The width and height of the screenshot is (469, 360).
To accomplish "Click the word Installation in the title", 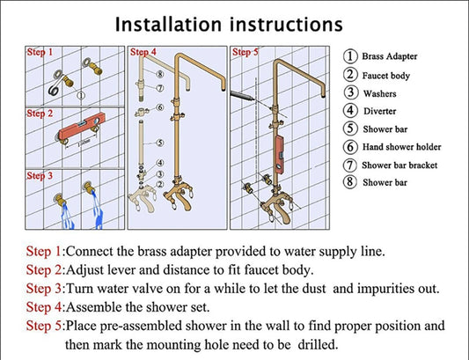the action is (168, 25).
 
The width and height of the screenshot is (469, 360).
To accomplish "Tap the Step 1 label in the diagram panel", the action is (40, 52).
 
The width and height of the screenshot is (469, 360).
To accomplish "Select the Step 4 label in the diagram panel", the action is (143, 52).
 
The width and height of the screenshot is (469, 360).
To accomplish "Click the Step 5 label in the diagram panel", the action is (245, 52).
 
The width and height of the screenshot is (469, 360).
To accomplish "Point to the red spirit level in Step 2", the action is (82, 126).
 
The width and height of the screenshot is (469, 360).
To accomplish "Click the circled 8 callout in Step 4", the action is (160, 74).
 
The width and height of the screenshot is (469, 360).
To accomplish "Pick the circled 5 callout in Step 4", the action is (161, 143).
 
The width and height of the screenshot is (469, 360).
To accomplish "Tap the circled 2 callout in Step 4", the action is (160, 184).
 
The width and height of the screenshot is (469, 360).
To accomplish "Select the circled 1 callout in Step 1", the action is (81, 95).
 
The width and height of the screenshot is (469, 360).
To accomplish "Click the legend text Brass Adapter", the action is (390, 56).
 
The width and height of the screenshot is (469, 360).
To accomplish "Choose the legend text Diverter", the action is (379, 111).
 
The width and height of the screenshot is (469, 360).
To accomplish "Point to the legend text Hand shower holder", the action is (402, 147).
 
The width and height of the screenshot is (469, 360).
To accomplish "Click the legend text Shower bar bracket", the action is (399, 165).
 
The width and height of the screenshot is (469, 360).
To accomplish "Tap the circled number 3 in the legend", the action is (350, 92).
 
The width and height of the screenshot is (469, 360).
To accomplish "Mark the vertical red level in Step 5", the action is (279, 156).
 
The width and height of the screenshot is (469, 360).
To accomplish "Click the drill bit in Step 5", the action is (243, 96).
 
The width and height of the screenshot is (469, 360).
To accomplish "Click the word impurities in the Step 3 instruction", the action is (385, 289).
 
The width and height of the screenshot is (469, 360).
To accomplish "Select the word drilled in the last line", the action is (318, 344).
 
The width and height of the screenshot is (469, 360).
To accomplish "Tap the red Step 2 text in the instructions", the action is (44, 270).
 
